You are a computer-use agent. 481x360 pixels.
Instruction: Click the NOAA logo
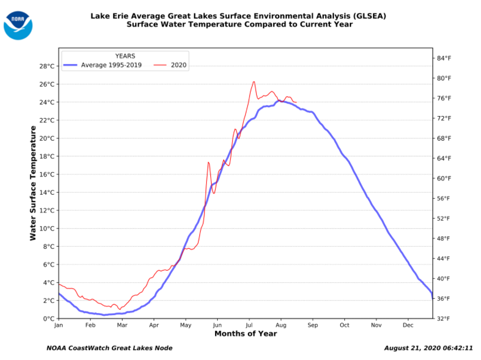pyautogui.click(x=18, y=25)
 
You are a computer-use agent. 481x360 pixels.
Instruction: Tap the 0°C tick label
pyautogui.click(x=49, y=318)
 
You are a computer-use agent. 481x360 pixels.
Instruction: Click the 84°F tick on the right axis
pyautogui.click(x=443, y=58)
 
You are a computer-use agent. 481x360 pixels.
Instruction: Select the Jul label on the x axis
pyautogui.click(x=249, y=325)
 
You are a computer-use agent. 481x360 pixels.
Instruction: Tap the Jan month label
pyautogui.click(x=59, y=325)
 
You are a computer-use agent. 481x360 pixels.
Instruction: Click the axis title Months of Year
pyautogui.click(x=245, y=334)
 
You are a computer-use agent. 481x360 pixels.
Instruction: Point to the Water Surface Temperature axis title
pyautogui.click(x=33, y=183)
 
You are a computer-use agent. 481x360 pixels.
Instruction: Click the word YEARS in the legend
pyautogui.click(x=125, y=56)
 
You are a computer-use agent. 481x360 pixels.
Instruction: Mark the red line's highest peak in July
pyautogui.click(x=254, y=82)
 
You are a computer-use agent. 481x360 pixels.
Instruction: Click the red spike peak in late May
pyautogui.click(x=208, y=162)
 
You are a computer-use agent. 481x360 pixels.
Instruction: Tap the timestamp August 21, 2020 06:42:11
pyautogui.click(x=428, y=348)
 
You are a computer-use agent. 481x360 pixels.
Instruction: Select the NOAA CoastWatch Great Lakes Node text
pyautogui.click(x=109, y=348)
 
